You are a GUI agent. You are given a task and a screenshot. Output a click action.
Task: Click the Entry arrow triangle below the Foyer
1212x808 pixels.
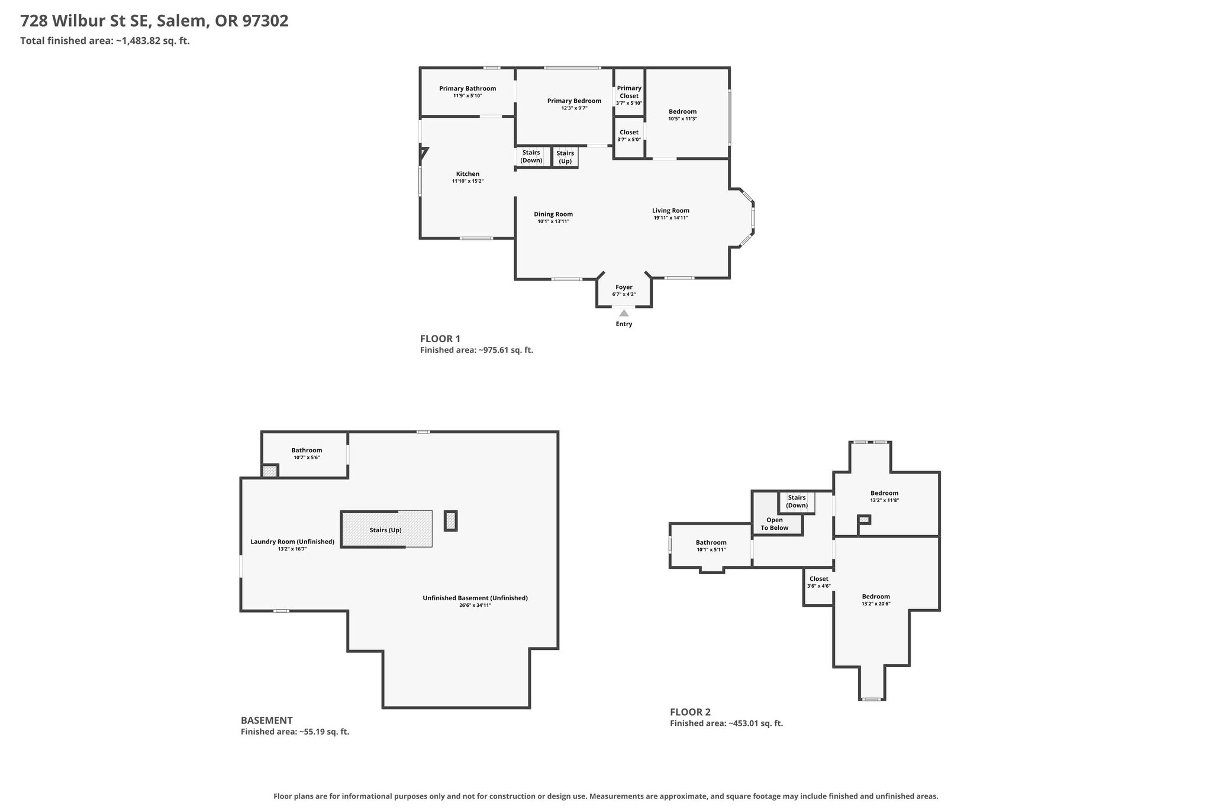pyautogui.click(x=624, y=313)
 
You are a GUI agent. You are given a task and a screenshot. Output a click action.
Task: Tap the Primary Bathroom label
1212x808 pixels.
pyautogui.click(x=468, y=89)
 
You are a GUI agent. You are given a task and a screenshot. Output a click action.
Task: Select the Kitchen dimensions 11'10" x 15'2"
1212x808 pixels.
pyautogui.click(x=468, y=181)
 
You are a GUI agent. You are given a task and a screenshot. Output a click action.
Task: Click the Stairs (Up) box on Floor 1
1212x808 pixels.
pyautogui.click(x=565, y=157)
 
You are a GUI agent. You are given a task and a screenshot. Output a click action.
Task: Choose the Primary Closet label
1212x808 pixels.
pyautogui.click(x=629, y=92)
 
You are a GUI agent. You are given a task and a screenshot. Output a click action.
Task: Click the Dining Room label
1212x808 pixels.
pyautogui.click(x=553, y=214)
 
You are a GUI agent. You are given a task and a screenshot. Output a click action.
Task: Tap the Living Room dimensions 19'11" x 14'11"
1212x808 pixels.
pyautogui.click(x=671, y=218)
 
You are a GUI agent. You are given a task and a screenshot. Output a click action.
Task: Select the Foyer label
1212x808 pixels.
pyautogui.click(x=624, y=287)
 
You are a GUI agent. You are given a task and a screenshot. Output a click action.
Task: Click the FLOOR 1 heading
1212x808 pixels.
pyautogui.click(x=440, y=339)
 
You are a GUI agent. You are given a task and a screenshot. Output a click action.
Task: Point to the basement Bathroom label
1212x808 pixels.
pyautogui.click(x=307, y=450)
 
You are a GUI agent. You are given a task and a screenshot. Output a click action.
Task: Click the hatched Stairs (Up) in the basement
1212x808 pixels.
pyautogui.click(x=386, y=529)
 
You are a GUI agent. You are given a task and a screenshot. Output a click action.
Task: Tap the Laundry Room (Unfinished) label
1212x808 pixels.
pyautogui.click(x=292, y=542)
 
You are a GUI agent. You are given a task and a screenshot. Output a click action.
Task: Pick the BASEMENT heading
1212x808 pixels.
pyautogui.click(x=267, y=720)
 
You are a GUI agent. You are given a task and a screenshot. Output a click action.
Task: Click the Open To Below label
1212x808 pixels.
pyautogui.click(x=775, y=524)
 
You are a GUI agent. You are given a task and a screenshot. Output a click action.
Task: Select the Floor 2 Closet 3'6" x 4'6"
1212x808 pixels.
pyautogui.click(x=819, y=582)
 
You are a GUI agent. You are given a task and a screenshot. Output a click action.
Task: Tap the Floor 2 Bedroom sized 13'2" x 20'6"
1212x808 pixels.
pyautogui.click(x=876, y=600)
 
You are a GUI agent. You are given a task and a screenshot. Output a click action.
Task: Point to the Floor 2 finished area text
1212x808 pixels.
pyautogui.click(x=726, y=723)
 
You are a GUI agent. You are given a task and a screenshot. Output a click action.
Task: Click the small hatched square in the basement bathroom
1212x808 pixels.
pyautogui.click(x=270, y=471)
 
